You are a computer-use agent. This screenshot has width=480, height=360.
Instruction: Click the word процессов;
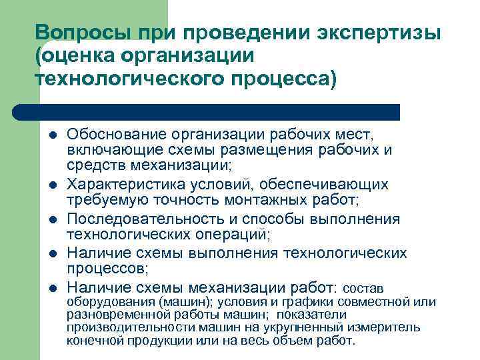(109, 269)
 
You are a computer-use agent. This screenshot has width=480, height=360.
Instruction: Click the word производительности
(122, 327)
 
